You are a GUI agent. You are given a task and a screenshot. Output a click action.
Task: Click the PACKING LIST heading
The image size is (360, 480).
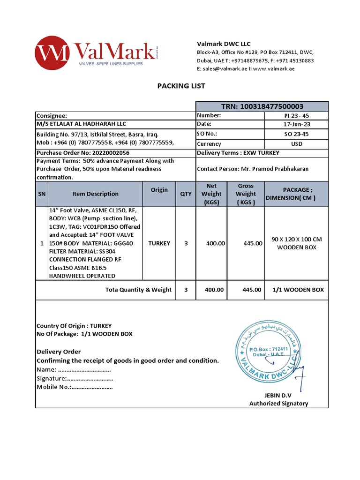(181, 86)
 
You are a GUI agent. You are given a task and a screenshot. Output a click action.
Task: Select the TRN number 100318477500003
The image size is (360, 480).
(262, 107)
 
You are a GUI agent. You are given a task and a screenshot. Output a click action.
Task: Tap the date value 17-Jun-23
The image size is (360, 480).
(296, 124)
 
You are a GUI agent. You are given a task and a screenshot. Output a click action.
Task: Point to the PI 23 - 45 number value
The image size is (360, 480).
(296, 115)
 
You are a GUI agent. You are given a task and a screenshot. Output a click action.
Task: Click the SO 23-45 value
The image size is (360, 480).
(296, 134)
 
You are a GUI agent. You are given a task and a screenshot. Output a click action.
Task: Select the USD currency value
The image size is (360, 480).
(296, 144)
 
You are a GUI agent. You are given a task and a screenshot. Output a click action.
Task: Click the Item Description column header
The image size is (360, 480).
(95, 194)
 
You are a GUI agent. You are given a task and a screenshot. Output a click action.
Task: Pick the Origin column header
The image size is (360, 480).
(159, 190)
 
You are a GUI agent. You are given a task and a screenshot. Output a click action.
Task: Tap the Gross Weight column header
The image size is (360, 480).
(246, 194)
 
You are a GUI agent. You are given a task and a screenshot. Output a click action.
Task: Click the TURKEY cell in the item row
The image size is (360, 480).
(159, 243)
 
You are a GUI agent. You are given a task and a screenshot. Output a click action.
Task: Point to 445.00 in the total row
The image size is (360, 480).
(252, 290)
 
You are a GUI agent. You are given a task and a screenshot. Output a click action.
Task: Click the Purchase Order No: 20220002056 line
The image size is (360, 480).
(83, 153)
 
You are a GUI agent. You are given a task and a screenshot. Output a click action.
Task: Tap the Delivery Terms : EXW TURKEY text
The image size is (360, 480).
(238, 153)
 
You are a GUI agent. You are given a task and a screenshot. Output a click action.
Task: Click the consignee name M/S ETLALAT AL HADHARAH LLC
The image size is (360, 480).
(82, 124)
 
